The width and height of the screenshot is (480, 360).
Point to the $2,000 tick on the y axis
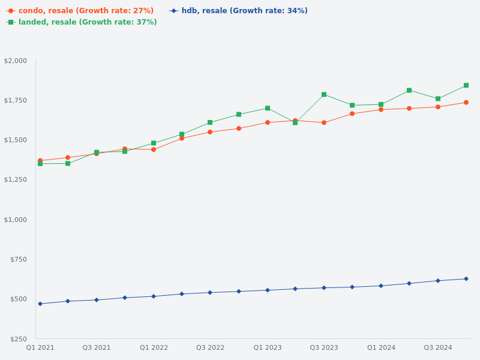coord(16,61)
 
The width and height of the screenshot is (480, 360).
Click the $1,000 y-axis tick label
coord(16,220)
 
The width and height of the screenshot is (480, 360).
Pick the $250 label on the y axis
coord(19,339)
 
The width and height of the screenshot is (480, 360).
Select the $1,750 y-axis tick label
coord(16,100)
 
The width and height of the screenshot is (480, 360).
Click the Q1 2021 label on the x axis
coord(40,348)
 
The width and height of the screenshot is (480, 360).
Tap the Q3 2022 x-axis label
coord(210,348)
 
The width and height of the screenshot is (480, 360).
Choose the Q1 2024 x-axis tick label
coord(381,348)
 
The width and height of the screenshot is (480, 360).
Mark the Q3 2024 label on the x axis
coord(438,348)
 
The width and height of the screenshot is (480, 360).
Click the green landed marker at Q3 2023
coord(324,95)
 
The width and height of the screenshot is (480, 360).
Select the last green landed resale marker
coord(466,85)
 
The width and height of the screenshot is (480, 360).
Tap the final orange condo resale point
coord(466,103)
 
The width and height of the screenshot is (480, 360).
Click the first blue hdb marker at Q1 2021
coord(40,304)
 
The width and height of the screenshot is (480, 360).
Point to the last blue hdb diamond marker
coord(466,279)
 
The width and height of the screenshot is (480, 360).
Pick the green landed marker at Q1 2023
coord(268,109)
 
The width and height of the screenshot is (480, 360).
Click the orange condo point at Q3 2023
coord(324,122)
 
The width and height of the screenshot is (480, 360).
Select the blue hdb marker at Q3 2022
coord(210,293)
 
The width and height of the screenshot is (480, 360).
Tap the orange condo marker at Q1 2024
coord(381,110)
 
